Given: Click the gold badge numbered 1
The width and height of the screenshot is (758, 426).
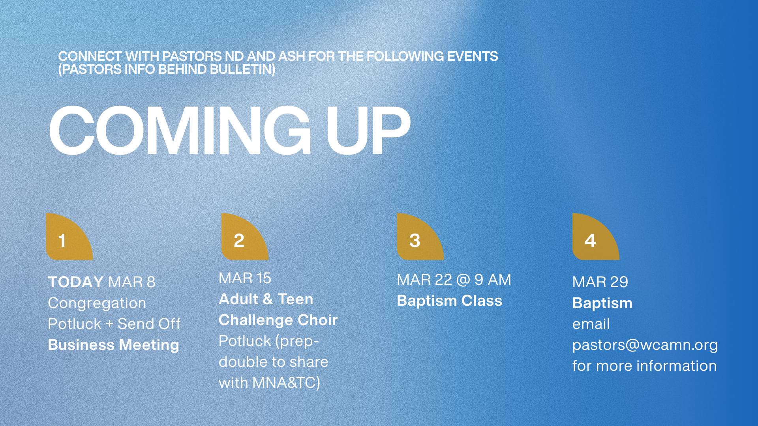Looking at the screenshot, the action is point(69,237).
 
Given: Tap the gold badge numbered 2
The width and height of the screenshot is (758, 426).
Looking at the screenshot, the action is point(245,237).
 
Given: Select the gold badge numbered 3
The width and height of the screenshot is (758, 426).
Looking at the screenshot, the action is point(420,237).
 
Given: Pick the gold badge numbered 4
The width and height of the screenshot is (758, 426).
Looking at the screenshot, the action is point(596,237).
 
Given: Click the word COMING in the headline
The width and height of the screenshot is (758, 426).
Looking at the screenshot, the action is point(180,131).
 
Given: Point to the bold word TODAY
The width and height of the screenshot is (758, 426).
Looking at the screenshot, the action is point(76,282).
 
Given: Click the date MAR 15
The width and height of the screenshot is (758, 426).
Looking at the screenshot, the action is point(245,278).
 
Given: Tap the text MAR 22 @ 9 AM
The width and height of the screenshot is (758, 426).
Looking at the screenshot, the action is point(454,280).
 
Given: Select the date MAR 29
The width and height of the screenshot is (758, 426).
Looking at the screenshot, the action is point(600,282).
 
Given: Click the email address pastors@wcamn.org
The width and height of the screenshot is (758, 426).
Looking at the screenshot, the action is point(645,345).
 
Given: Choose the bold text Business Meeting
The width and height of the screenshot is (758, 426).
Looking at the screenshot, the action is point(114,345).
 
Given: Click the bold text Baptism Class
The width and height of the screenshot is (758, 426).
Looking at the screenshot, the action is point(450,301).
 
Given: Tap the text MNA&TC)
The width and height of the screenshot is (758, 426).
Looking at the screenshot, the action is point(286,383).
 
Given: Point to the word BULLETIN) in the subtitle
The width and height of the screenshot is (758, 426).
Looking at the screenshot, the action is point(242,69).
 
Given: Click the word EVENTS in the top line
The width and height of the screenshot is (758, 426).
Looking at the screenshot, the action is point(472,56).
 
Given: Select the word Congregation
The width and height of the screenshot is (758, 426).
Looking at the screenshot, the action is point(97,303).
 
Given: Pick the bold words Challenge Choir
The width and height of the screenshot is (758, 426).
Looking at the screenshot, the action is point(278,320).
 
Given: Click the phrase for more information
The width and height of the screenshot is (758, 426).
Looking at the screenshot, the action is point(645,366).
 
